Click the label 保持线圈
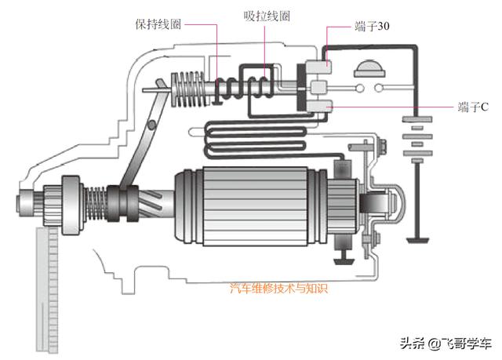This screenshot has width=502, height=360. pos(158,24)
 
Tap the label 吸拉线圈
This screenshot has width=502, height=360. pos(267,16)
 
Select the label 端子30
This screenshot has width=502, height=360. pos(372,26)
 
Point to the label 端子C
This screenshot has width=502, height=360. pos(473,107)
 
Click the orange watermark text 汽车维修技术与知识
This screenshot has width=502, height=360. pos(278,289)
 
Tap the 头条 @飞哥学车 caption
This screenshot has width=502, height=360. pos(446,344)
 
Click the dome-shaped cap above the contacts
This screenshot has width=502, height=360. pos(369,69)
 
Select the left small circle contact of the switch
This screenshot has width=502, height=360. pos(360,88)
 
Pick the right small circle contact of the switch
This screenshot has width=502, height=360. pos(379,87)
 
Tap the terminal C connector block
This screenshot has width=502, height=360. pos(320,106)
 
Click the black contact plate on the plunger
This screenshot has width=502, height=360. pos(301,87)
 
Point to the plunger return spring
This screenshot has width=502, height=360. pos(188,89)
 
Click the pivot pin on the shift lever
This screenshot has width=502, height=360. pos(151,125)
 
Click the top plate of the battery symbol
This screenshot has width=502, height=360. pos(417,119)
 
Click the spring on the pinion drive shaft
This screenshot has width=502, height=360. pos(95,203)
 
